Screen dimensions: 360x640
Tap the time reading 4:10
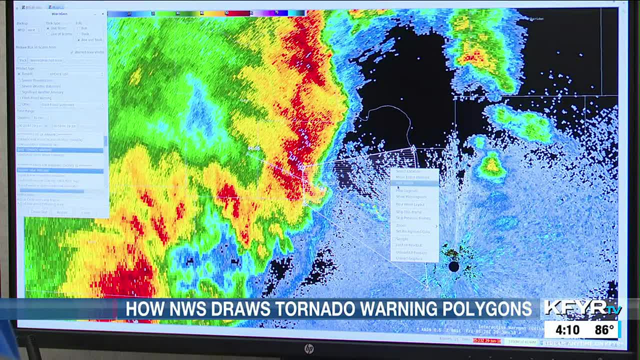(x=567, y=330)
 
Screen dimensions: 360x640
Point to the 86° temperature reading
(x=604, y=330)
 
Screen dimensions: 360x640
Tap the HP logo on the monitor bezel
(x=309, y=348)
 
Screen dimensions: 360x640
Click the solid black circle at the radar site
(x=453, y=266)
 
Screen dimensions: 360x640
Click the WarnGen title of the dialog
(x=59, y=13)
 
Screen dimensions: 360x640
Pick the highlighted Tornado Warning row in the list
(x=60, y=150)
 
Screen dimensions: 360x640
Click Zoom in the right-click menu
(x=401, y=225)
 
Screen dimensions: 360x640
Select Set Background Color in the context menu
(x=413, y=231)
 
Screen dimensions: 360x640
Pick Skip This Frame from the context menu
(x=408, y=212)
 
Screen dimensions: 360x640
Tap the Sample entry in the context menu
(x=402, y=239)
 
